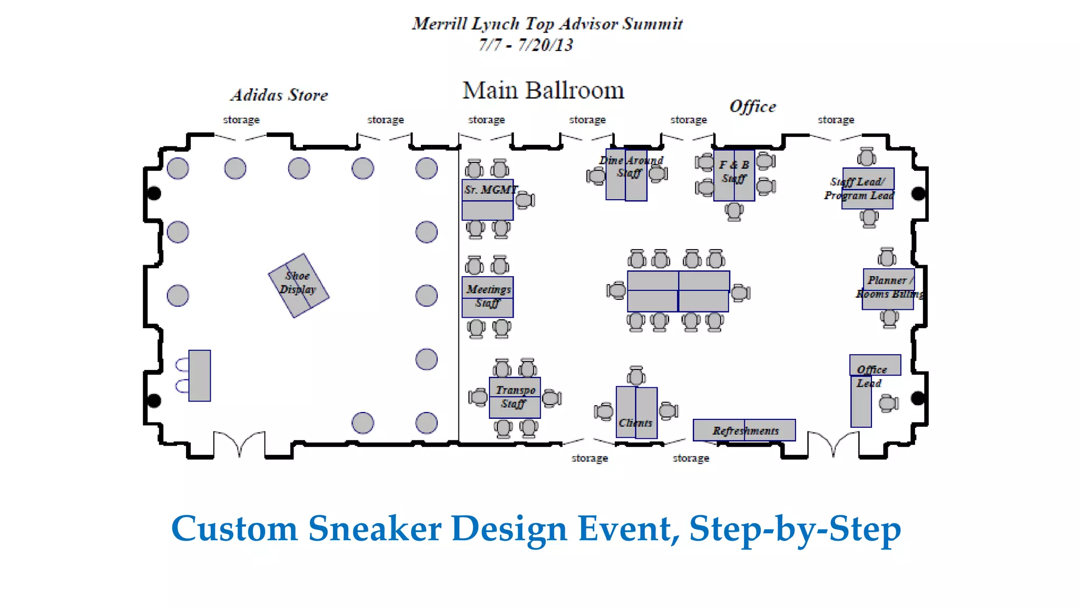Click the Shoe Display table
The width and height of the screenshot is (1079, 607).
(299, 286)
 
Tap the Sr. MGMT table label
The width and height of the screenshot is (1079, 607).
(491, 190)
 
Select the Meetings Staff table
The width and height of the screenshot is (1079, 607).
(487, 297)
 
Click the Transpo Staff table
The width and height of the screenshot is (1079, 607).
(515, 398)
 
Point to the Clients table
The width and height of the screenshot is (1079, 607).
(636, 413)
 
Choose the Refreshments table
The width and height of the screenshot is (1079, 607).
(744, 430)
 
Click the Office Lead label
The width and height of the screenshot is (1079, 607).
(871, 376)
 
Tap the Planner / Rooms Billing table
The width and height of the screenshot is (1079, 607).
(888, 289)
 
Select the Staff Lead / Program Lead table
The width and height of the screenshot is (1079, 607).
(868, 188)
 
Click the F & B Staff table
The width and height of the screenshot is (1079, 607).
(734, 175)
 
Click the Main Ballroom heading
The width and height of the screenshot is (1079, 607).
(543, 91)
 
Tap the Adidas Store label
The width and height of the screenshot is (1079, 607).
(279, 95)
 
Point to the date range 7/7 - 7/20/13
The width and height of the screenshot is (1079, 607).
(525, 45)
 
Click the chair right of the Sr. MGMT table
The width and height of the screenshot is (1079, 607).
(525, 200)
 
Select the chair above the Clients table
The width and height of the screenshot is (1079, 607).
(636, 376)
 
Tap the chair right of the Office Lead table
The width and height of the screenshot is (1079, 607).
(888, 404)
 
